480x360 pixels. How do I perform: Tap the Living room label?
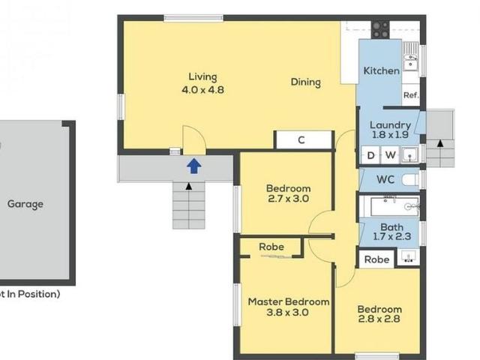202,77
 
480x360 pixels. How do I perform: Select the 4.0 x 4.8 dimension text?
202,90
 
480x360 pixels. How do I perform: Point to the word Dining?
306,82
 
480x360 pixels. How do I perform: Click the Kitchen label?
381,70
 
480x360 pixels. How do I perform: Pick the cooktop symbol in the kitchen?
380,29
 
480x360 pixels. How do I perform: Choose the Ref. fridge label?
410,95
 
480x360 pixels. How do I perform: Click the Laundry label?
391,125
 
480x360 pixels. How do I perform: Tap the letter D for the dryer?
370,155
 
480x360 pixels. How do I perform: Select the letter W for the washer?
391,155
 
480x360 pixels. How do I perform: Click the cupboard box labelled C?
301,139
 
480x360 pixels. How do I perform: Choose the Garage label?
25,203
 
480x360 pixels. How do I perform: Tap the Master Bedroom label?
289,301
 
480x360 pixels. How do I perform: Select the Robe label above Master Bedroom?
271,247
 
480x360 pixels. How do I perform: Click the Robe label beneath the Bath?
377,259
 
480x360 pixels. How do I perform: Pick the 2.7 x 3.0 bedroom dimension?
289,199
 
